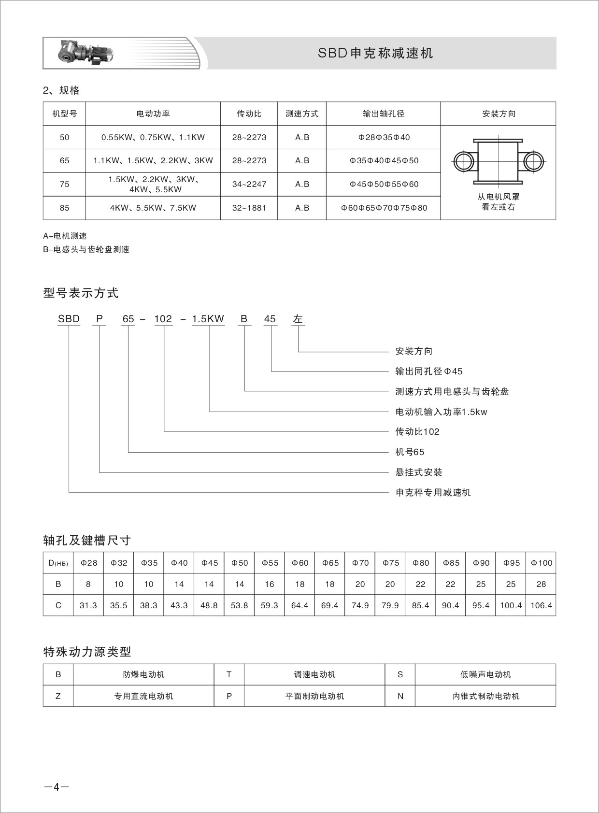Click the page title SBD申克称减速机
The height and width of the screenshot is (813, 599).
click(x=375, y=53)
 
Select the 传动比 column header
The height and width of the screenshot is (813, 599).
click(x=249, y=114)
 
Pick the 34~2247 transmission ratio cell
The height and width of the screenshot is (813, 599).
click(x=249, y=184)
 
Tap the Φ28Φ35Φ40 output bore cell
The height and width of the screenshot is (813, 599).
click(x=384, y=137)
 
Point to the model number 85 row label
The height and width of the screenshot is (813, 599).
click(x=64, y=208)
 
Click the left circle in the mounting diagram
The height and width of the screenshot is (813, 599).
click(x=464, y=161)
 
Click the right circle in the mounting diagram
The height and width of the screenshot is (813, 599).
click(x=533, y=161)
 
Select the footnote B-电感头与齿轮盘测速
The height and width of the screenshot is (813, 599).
click(x=86, y=250)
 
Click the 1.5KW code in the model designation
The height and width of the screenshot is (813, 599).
click(x=208, y=319)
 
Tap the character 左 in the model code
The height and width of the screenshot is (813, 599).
click(x=298, y=319)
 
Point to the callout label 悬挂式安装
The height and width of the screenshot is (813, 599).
click(x=419, y=472)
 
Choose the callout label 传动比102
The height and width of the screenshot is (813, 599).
click(x=417, y=432)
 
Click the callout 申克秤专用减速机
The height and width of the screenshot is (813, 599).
click(x=433, y=493)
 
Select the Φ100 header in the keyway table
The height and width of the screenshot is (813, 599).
click(x=541, y=563)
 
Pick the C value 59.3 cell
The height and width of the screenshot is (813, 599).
click(x=270, y=605)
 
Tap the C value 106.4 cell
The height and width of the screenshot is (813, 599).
click(x=541, y=605)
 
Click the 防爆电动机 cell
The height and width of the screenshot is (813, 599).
click(x=143, y=674)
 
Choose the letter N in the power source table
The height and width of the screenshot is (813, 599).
click(x=400, y=696)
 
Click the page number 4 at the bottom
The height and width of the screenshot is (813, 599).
click(x=57, y=787)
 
